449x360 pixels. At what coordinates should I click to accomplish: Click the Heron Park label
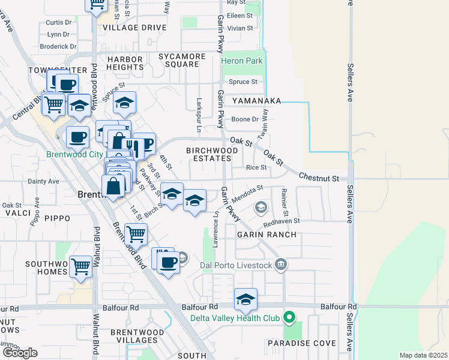242,61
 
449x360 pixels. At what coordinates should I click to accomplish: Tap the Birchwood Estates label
208,154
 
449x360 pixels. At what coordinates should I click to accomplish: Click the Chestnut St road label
319,179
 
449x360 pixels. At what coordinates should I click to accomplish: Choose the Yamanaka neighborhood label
257,101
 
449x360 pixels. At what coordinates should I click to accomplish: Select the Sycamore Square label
182,61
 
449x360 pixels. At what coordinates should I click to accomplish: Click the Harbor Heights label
125,64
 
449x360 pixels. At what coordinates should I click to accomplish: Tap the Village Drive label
134,28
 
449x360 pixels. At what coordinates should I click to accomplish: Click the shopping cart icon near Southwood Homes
81,267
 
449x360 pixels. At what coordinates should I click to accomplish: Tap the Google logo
20,353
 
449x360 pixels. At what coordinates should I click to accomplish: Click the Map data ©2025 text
423,355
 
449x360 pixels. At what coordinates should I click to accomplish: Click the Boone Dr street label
245,119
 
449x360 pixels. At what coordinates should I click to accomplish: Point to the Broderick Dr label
58,46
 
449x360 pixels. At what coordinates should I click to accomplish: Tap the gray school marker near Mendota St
261,208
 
